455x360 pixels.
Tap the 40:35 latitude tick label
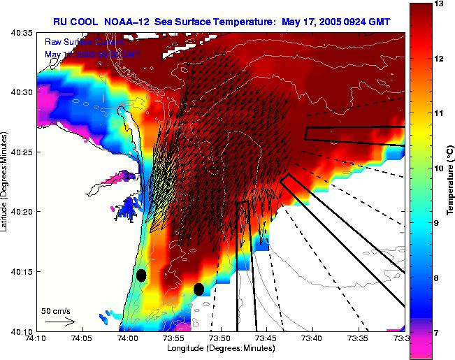23,32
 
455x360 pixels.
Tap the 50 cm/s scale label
55,310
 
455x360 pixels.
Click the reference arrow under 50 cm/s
59,322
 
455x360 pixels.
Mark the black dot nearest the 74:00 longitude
141,275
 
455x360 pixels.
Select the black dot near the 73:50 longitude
198,289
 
